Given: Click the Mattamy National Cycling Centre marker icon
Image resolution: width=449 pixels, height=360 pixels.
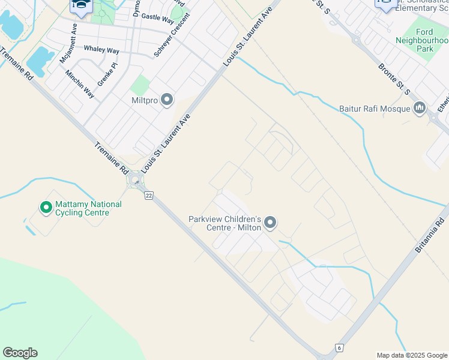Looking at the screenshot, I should (x=46, y=208).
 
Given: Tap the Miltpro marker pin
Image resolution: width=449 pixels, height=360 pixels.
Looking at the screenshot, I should (x=167, y=100).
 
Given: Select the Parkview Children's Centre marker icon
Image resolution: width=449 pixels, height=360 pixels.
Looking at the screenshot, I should (x=271, y=223).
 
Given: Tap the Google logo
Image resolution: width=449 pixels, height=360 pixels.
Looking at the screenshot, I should (x=20, y=353).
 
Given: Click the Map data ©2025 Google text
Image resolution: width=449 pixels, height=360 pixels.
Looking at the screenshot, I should (x=412, y=355).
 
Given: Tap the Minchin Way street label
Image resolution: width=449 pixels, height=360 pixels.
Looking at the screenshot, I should (x=80, y=84).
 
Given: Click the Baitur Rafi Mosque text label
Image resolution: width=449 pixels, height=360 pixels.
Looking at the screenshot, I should (x=375, y=109).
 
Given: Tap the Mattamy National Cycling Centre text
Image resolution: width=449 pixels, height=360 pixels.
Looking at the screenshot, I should (x=88, y=208).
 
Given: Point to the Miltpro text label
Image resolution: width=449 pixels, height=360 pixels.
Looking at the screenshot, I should (x=143, y=101).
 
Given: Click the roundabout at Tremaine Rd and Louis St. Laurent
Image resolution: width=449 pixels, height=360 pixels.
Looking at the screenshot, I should (x=135, y=180).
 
